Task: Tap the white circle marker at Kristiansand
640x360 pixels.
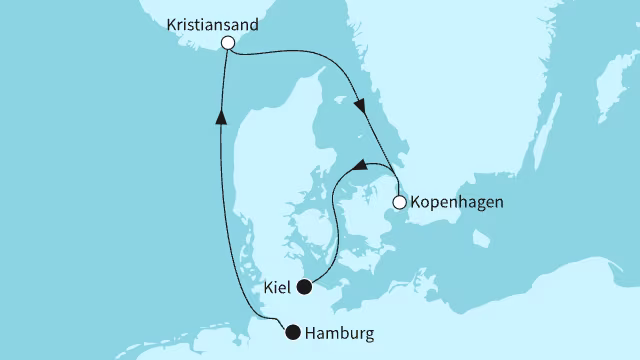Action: click(228, 43)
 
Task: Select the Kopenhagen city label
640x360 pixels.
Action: click(456, 203)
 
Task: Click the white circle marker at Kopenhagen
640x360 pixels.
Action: click(399, 203)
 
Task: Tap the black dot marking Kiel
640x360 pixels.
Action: click(306, 288)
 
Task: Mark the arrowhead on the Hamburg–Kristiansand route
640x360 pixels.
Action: click(221, 117)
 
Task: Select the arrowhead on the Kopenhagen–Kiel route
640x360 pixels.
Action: click(360, 164)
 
